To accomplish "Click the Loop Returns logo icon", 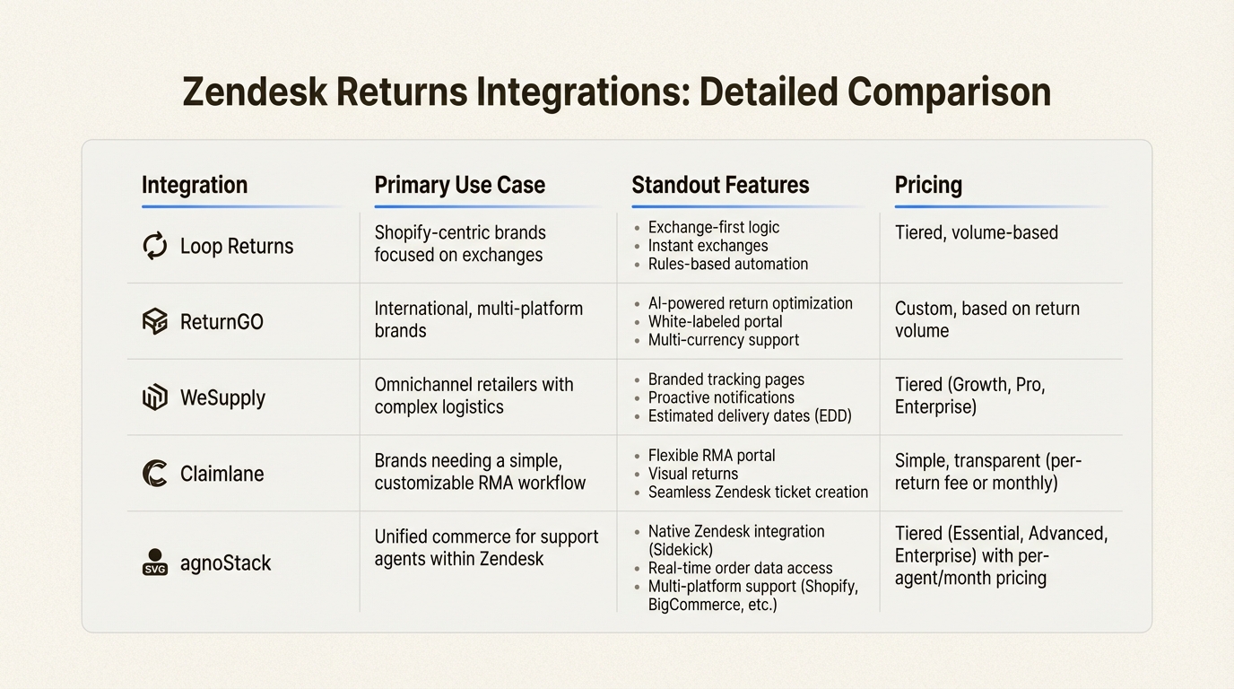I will coord(155,246).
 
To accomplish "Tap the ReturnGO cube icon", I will coord(155,321).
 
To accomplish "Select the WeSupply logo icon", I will coord(155,397).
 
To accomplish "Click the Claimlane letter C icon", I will coord(155,473).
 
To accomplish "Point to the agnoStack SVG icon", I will coord(155,563).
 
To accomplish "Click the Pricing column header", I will coord(928,185).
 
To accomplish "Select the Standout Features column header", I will coord(720,185).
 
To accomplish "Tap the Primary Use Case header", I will coord(459,185).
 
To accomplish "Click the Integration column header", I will coord(195,185).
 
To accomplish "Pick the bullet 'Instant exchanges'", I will coord(708,246).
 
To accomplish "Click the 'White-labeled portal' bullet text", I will coord(715,321).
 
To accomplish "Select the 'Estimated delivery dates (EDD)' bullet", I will coord(750,416).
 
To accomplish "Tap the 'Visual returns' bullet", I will coord(692,474).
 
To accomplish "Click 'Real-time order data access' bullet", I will coord(740,568).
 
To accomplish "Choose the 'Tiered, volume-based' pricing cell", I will coord(976,232).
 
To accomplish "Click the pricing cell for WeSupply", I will coord(969,396).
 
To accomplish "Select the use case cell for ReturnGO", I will coord(478,319).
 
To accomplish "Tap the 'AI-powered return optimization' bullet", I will coord(750,303).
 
